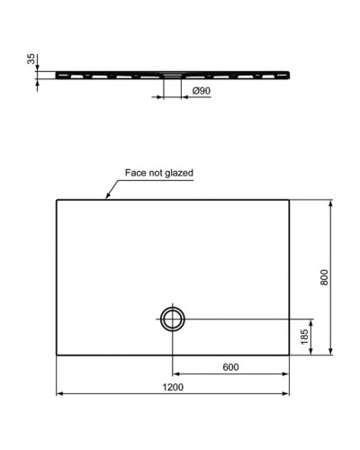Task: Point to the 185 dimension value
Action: [x=305, y=336]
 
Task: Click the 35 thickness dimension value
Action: [x=31, y=59]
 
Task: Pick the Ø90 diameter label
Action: [x=202, y=91]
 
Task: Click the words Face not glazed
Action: [x=159, y=173]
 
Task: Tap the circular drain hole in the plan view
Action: [x=172, y=319]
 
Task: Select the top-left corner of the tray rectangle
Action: [x=57, y=200]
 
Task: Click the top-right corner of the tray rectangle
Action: [x=290, y=200]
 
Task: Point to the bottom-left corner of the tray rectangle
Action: [x=57, y=354]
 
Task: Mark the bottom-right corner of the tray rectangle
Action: [x=290, y=354]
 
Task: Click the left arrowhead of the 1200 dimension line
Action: [x=59, y=394]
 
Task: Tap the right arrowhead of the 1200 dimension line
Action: [x=287, y=394]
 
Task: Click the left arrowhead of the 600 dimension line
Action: [x=175, y=373]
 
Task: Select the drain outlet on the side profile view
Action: [x=172, y=76]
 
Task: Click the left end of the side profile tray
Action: [x=58, y=72]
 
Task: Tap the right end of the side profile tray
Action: [x=289, y=72]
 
